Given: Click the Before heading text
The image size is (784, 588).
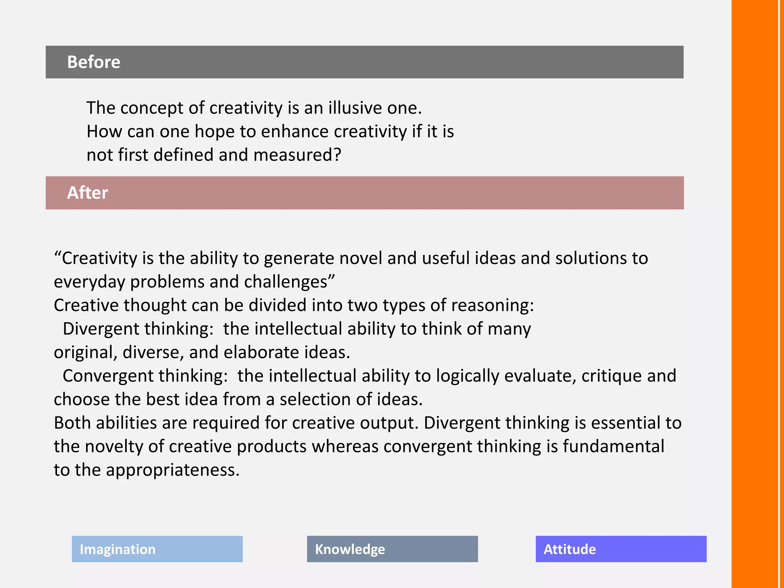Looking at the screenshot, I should (93, 62).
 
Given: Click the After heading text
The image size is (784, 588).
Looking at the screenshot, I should (87, 193).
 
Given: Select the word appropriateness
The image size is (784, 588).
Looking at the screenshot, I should (173, 470).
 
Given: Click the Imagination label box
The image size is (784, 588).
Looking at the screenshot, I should (157, 549).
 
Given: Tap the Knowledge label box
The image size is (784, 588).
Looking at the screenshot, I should (392, 549).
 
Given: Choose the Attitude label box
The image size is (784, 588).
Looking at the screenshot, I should (621, 549).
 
